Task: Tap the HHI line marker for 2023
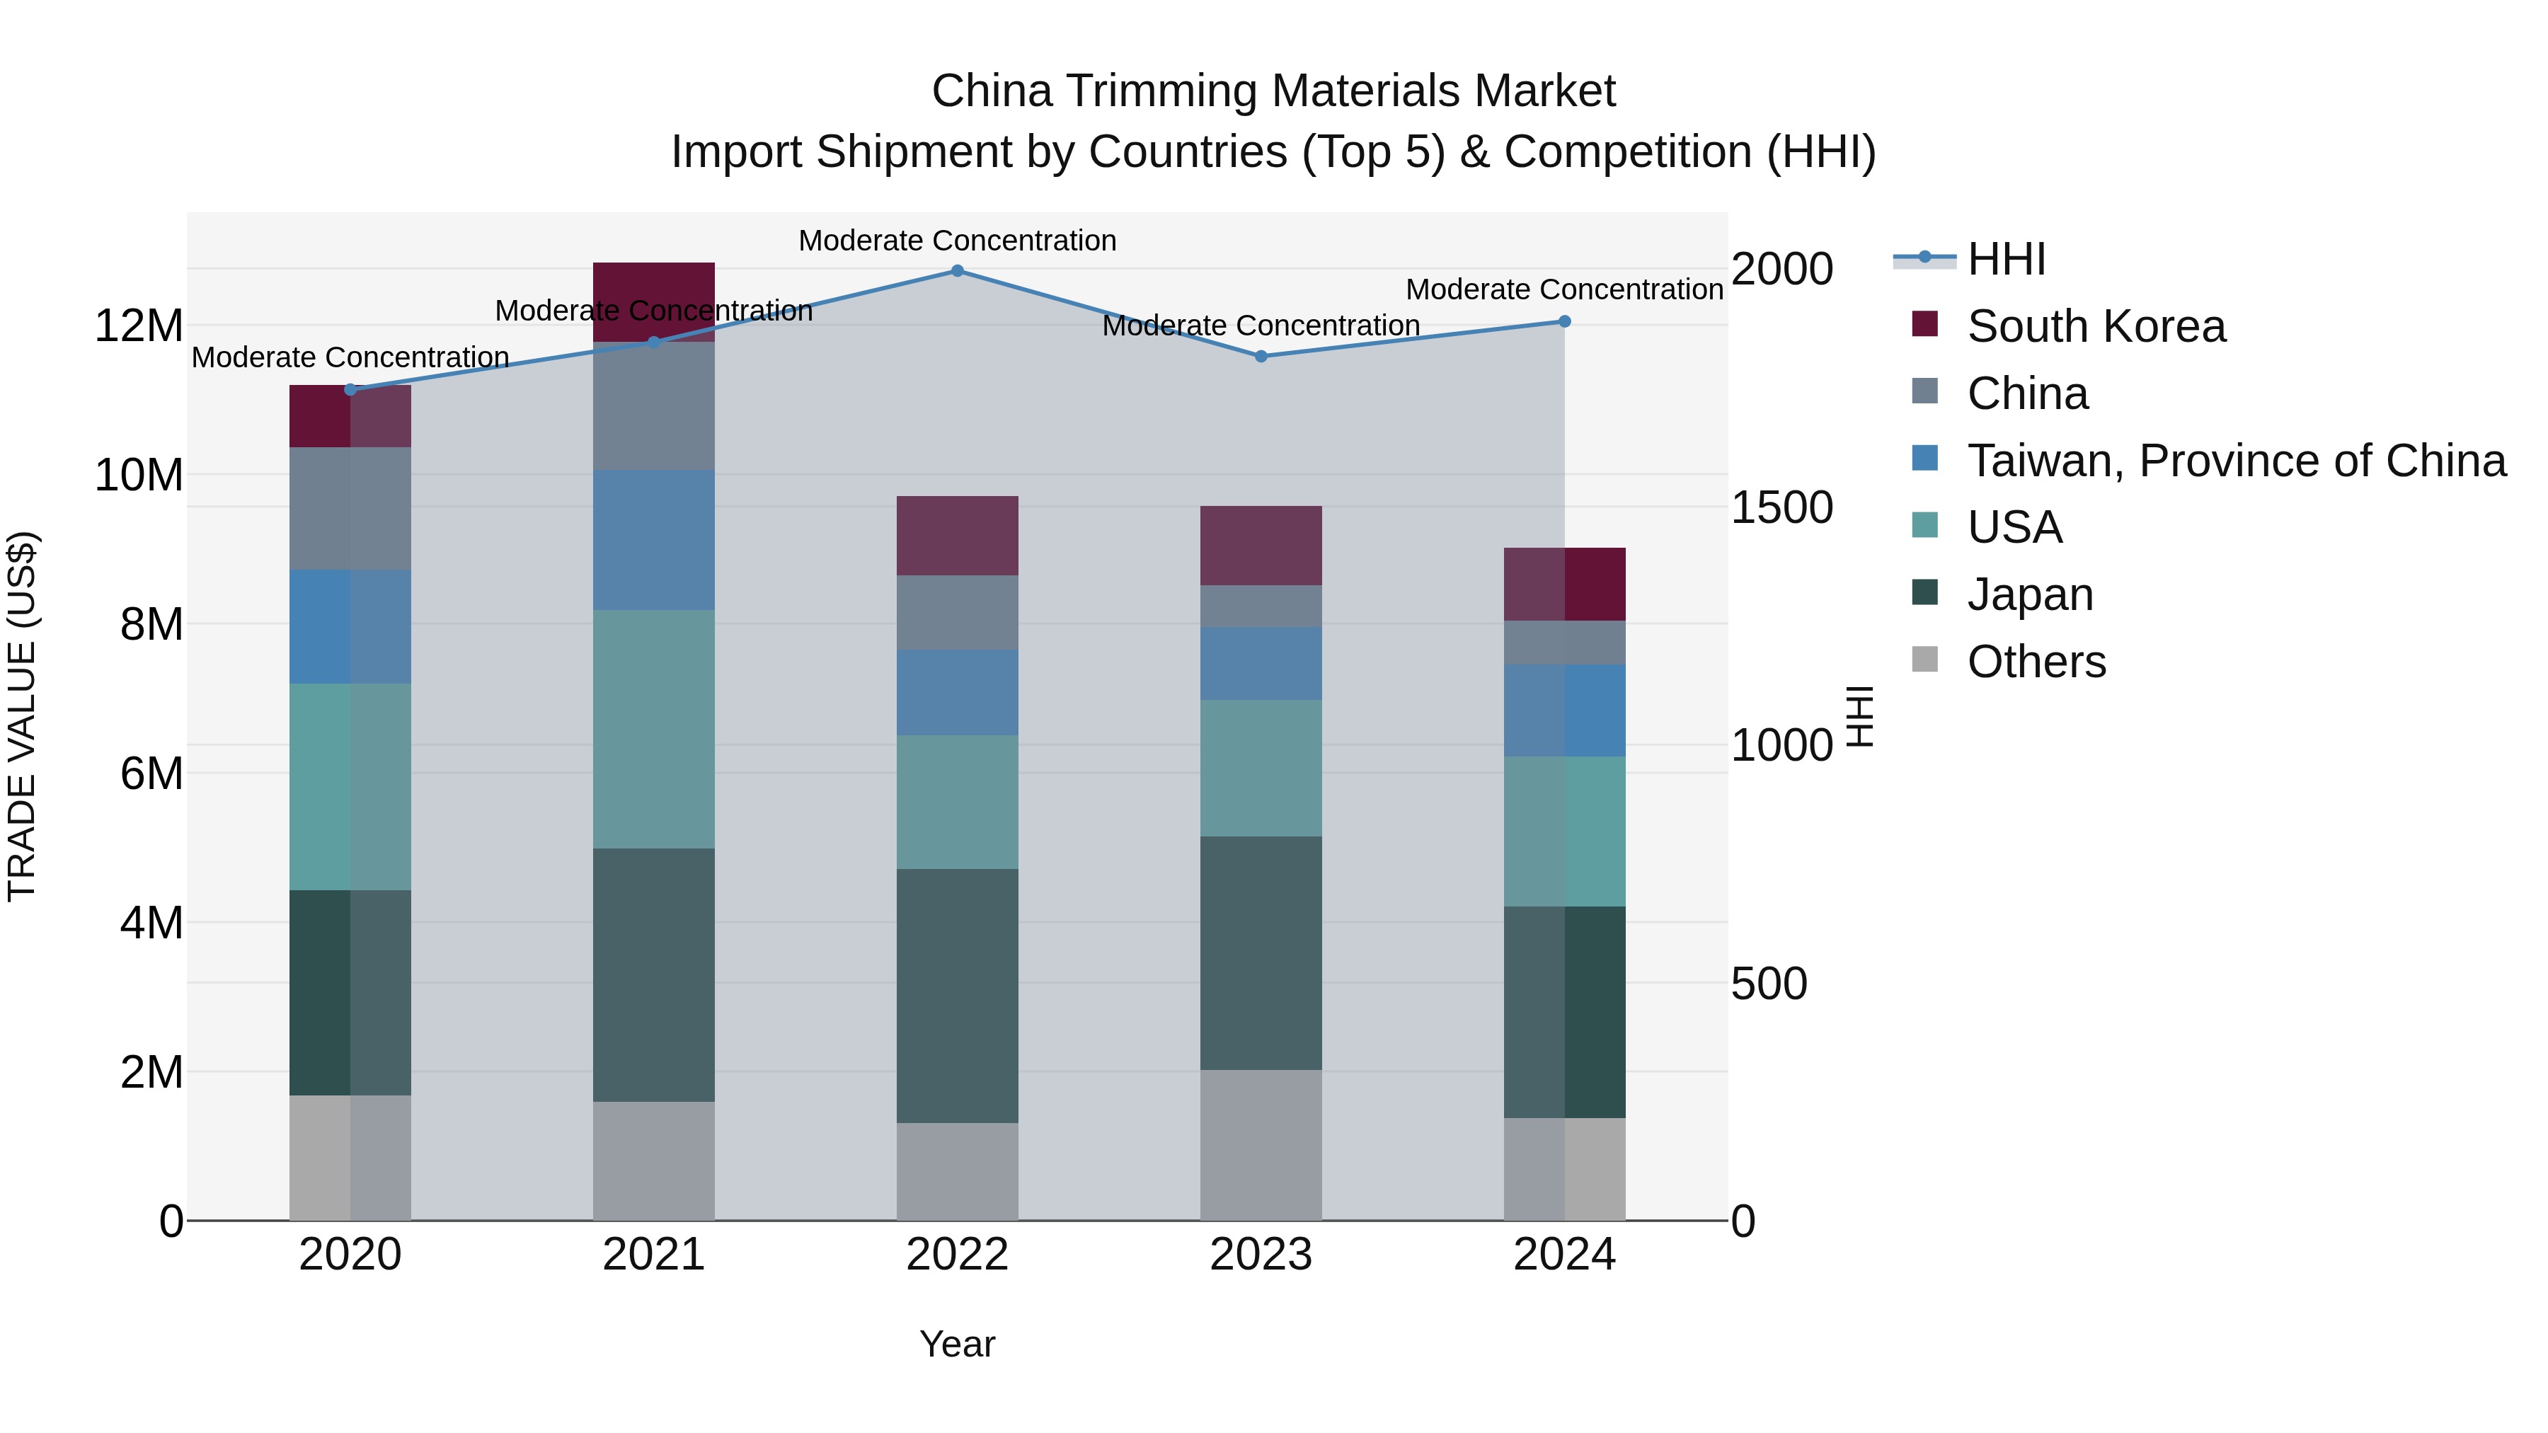tap(1261, 356)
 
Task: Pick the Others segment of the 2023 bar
tap(1261, 1144)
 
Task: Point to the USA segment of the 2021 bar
tap(654, 729)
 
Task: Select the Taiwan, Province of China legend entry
tap(2235, 461)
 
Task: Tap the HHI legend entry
tap(2006, 259)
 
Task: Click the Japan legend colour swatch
tap(1925, 592)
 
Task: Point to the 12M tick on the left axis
tap(139, 326)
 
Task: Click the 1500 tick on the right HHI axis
tap(1781, 507)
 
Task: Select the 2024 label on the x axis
tap(1563, 1255)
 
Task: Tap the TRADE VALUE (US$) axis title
tap(22, 716)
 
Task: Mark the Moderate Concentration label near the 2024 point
tap(1563, 289)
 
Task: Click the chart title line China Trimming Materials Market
tap(1273, 91)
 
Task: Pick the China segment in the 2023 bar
tap(1261, 605)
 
